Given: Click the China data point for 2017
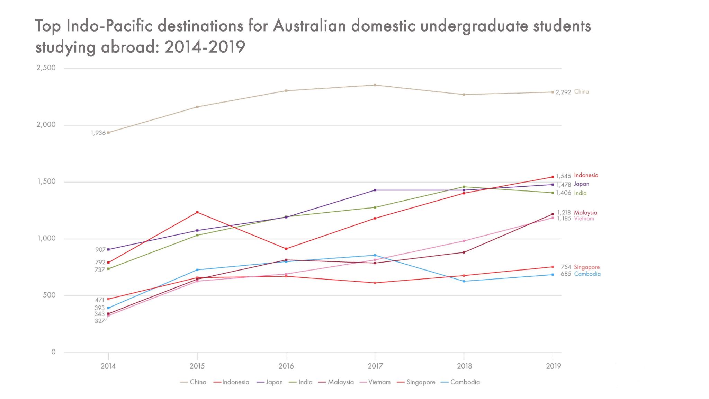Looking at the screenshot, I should tap(375, 85).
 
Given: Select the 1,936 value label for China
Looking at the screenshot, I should tap(98, 133).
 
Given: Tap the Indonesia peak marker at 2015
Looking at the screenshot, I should tap(197, 212).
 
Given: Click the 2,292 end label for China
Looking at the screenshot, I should tap(563, 92).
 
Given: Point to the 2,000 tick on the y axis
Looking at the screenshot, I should tap(46, 125).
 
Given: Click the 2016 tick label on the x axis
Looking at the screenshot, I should tap(286, 366).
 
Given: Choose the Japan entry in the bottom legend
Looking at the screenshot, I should tap(274, 382).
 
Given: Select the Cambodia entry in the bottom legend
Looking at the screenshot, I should tap(465, 382).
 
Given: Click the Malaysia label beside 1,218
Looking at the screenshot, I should tap(585, 213).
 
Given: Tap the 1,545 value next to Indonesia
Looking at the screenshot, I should tap(563, 176).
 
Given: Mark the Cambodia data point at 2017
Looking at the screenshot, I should tap(375, 255).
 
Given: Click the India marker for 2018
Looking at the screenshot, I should tap(464, 187).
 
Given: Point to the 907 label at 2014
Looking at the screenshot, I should tap(100, 250).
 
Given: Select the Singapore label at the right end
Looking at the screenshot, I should tap(586, 267).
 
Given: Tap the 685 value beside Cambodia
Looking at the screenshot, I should tap(566, 274).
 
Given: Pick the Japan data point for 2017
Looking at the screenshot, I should tap(375, 190).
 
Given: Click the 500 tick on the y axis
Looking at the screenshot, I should tap(49, 295).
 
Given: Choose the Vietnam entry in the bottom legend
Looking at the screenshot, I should tap(379, 382).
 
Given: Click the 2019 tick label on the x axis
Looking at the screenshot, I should tap(553, 366).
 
